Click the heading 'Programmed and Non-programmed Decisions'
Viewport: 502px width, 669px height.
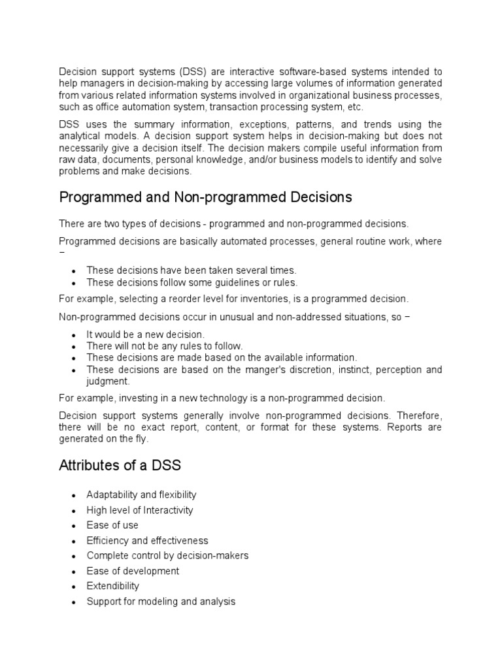tap(205, 197)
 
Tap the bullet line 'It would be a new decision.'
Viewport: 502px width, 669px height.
tap(145, 334)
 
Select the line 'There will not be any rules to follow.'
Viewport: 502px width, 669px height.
tap(165, 346)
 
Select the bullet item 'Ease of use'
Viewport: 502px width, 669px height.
tap(112, 525)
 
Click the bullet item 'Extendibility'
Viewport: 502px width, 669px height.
tap(113, 586)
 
